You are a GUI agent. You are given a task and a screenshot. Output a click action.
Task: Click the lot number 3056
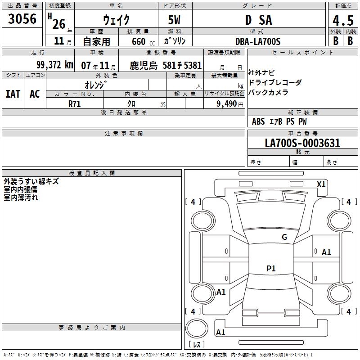[x=22, y=19]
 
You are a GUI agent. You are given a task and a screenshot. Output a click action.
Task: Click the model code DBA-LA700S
[x=258, y=41]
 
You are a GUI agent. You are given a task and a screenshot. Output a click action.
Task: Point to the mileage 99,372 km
[x=54, y=65]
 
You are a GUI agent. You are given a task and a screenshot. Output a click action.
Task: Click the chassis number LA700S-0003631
[x=302, y=143]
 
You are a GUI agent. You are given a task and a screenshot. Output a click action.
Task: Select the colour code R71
[x=75, y=103]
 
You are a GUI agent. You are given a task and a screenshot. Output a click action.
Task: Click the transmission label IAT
[x=13, y=94]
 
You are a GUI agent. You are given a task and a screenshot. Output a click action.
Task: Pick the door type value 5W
[x=175, y=20]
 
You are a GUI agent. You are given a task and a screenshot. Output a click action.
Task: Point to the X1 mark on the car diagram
[x=321, y=184]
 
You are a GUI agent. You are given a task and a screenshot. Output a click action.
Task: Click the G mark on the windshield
[x=284, y=237]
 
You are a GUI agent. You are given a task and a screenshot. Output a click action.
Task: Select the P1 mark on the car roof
[x=271, y=269]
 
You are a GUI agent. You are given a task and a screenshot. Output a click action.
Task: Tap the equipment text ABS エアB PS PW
[x=279, y=121]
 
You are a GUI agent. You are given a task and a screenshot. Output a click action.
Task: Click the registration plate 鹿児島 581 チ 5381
[x=166, y=65]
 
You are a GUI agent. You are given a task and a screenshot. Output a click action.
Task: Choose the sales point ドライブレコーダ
[x=275, y=82]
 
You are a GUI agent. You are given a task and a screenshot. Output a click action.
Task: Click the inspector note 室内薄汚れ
[x=21, y=197]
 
